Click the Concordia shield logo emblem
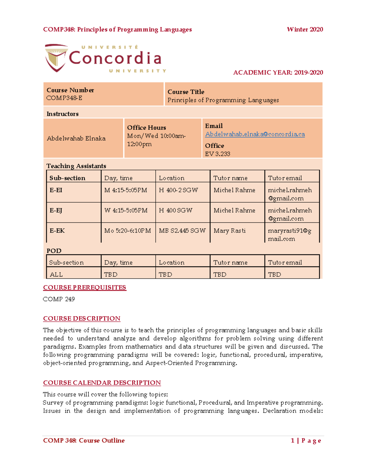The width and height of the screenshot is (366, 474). [56, 58]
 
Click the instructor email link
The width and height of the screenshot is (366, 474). [255, 134]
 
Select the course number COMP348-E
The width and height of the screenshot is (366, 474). [64, 98]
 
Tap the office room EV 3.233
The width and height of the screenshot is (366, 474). [217, 154]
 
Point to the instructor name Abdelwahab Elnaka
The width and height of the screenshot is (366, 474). [76, 138]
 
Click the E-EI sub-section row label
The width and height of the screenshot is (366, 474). [56, 190]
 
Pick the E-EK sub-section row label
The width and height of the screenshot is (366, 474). [57, 231]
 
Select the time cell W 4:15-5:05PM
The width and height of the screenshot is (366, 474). [126, 210]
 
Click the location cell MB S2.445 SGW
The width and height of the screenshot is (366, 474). [182, 231]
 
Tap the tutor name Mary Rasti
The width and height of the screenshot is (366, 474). [229, 231]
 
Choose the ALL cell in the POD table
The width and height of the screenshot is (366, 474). [56, 274]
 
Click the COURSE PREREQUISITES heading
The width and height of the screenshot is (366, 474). [84, 288]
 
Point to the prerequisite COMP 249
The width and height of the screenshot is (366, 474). [59, 299]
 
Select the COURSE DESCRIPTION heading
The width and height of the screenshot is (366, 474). [82, 319]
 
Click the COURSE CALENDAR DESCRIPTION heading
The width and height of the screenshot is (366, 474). [102, 383]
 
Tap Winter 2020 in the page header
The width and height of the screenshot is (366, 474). [305, 30]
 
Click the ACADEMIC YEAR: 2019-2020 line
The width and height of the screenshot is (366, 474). [278, 73]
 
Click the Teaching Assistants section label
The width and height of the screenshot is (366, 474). [76, 166]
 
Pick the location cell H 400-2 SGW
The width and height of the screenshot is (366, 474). [178, 190]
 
